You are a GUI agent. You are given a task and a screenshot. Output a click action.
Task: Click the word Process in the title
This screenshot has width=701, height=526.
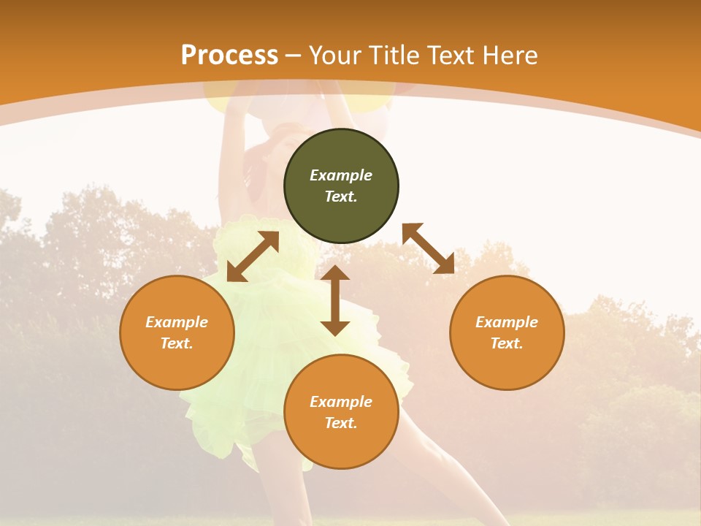(229, 56)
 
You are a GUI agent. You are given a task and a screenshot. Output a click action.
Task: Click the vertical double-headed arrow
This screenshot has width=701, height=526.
(335, 300)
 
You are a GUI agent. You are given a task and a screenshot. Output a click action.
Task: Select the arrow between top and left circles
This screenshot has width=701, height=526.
(253, 256)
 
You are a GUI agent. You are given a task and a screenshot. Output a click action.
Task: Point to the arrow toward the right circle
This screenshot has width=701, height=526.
(428, 248)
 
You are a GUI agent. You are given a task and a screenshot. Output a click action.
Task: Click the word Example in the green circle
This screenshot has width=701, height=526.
(341, 175)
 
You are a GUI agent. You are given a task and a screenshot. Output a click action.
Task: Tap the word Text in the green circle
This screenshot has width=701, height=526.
(341, 197)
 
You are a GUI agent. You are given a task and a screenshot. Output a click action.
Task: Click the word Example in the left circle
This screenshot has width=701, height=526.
(177, 322)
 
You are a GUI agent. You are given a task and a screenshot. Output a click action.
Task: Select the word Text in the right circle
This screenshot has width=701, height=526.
(506, 343)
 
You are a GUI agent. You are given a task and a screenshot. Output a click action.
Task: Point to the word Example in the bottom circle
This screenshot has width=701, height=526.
(341, 402)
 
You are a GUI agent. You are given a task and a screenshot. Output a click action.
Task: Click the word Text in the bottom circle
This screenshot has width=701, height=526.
(341, 423)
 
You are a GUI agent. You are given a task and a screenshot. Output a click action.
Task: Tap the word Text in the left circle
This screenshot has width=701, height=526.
(177, 343)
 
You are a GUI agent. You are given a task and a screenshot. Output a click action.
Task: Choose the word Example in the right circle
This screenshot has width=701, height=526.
(507, 322)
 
